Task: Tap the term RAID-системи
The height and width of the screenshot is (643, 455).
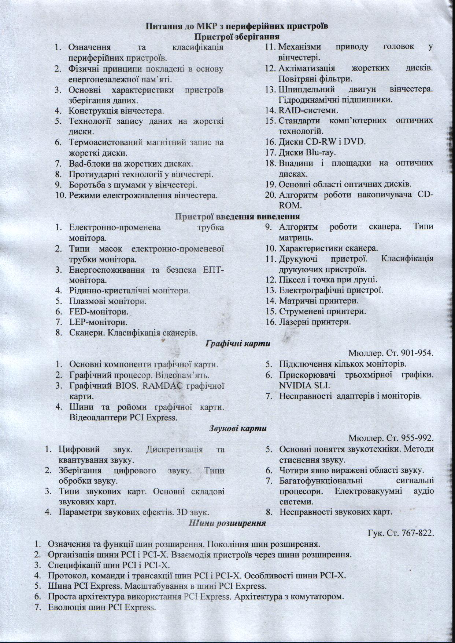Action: [308, 110]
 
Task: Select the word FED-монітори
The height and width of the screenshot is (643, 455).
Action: [99, 312]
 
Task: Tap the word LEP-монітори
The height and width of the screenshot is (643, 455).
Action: [98, 323]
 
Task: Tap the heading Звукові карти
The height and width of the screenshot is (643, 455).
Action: [238, 428]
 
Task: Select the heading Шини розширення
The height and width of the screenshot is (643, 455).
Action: [227, 523]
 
